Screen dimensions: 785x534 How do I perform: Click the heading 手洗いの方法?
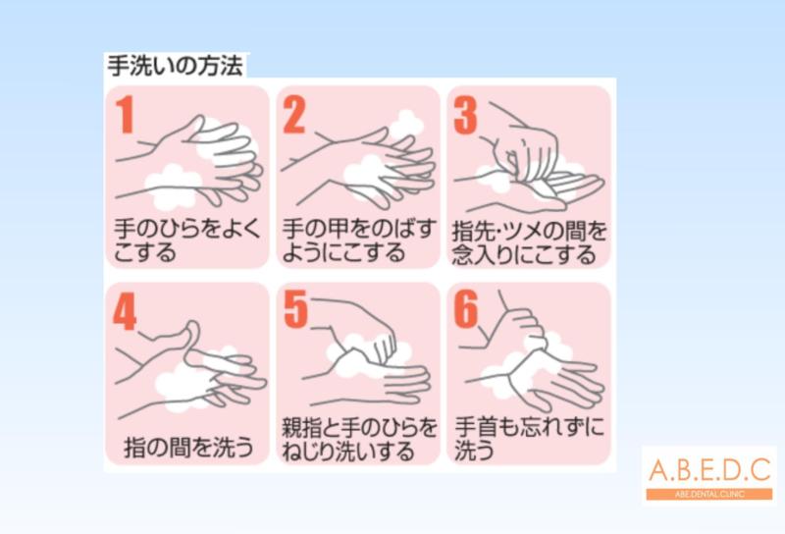[x=176, y=66]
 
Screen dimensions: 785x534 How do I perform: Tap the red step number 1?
[x=126, y=115]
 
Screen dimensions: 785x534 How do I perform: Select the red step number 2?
[x=294, y=115]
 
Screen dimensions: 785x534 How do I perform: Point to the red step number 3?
[x=465, y=115]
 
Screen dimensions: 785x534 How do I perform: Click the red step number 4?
[x=125, y=311]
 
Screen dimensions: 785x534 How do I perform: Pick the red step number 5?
[x=295, y=310]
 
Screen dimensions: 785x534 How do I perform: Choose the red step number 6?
[x=466, y=309]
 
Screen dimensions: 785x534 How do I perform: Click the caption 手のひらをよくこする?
[x=187, y=240]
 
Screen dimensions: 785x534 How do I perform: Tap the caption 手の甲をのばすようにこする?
[x=358, y=240]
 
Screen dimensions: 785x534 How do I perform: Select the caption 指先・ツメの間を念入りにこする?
[x=529, y=243]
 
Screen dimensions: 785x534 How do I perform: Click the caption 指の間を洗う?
[x=188, y=447]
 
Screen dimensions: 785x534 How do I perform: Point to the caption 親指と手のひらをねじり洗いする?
[x=359, y=440]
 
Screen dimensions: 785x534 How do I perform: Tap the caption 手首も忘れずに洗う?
[x=529, y=439]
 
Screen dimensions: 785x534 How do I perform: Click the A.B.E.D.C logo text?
[x=709, y=470]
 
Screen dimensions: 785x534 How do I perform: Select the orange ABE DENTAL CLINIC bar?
[x=709, y=494]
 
